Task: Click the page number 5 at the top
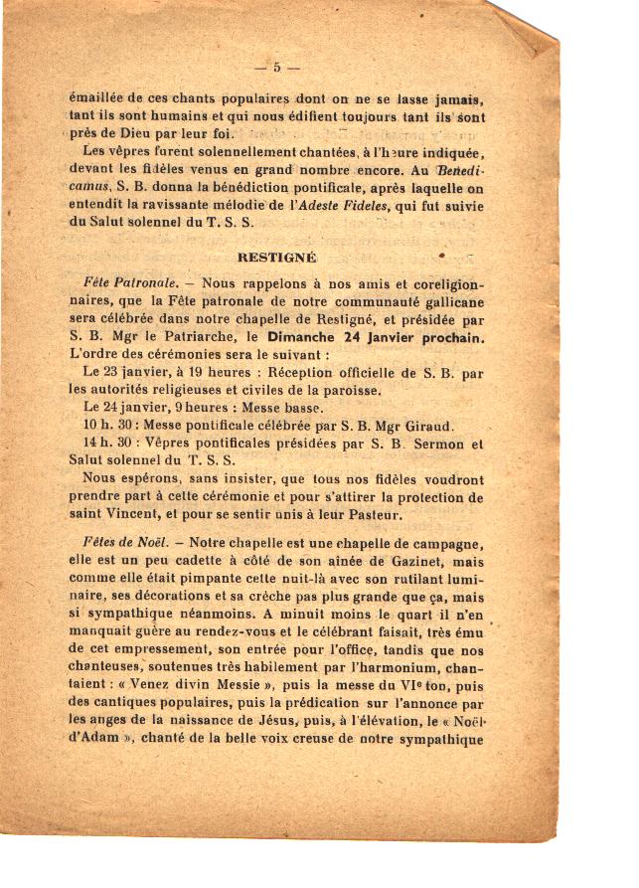pyautogui.click(x=277, y=68)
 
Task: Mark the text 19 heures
pyautogui.click(x=211, y=372)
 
